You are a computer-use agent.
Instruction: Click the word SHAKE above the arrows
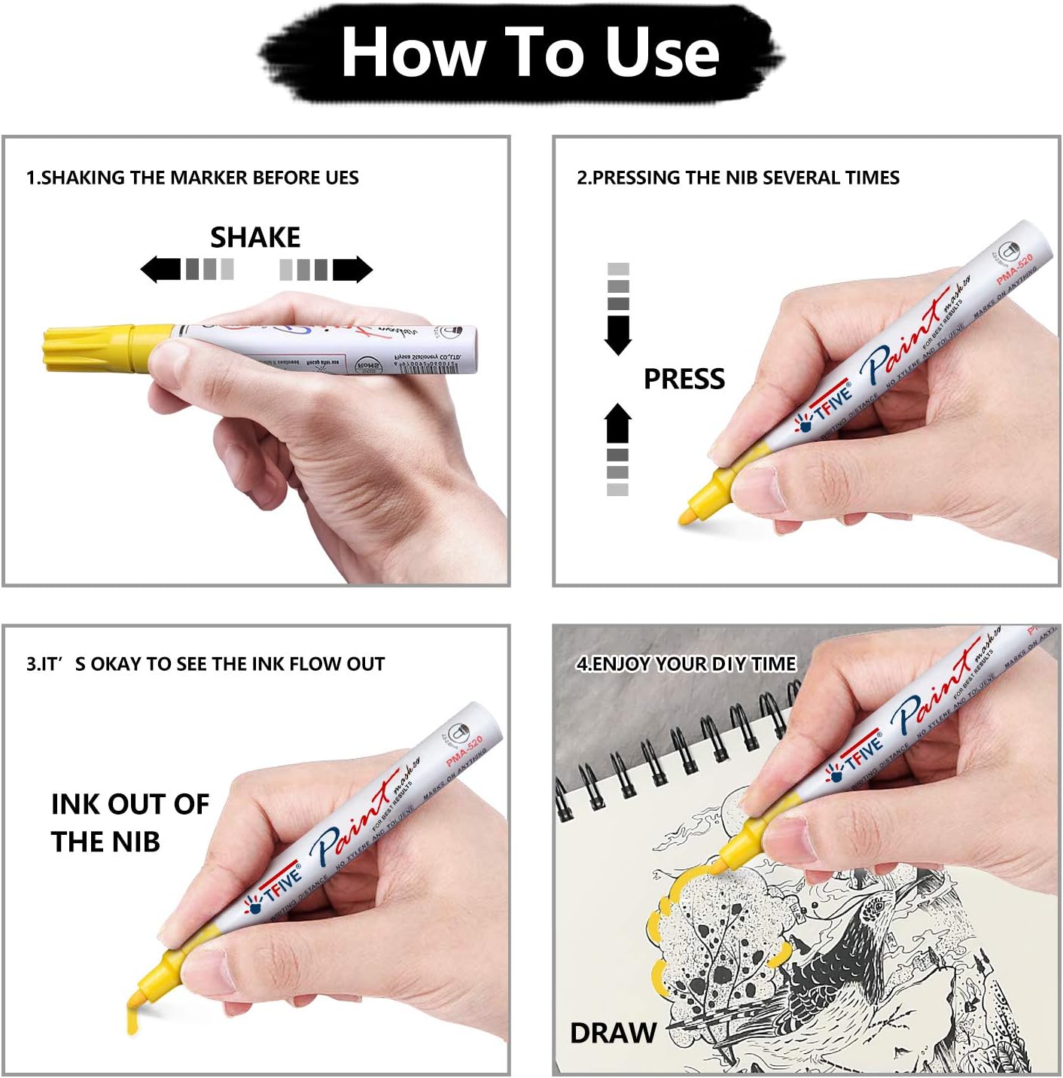[x=255, y=238]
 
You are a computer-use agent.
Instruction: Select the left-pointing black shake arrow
[x=160, y=269]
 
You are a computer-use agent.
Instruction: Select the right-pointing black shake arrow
[x=353, y=269]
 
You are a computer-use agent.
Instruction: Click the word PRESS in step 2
[x=684, y=379]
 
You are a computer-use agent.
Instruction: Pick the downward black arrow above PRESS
[x=618, y=333]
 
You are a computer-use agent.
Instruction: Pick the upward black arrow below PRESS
[x=618, y=424]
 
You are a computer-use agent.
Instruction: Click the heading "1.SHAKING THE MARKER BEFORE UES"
[x=193, y=178]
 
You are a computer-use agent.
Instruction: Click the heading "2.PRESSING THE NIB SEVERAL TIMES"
[x=738, y=178]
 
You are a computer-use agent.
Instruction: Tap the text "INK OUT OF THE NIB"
[x=129, y=822]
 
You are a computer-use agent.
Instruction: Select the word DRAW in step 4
[x=613, y=1033]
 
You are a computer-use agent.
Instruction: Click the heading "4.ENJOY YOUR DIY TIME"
[x=686, y=664]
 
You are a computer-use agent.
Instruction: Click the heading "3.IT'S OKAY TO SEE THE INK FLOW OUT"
[x=206, y=664]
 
